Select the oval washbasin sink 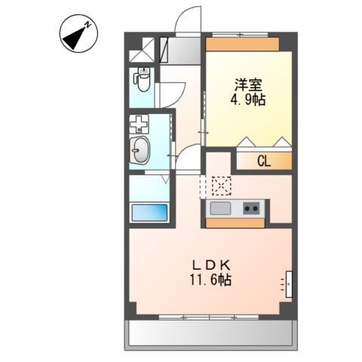point(140,151)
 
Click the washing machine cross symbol point(139,124)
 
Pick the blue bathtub point(149,211)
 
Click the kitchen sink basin point(220,208)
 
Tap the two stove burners point(252,208)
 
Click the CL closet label point(263,160)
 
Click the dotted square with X point(221,185)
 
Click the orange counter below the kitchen point(235,222)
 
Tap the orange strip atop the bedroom point(243,44)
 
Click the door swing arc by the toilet point(171,91)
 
